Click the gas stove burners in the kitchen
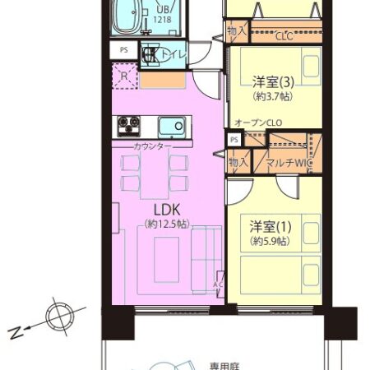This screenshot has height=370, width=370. pyautogui.click(x=128, y=126)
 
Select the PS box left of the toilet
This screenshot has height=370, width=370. pyautogui.click(x=124, y=49)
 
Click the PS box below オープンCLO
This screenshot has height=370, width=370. pyautogui.click(x=234, y=140)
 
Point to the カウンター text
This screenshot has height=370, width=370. pyautogui.click(x=154, y=146)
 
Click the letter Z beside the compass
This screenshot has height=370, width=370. pyautogui.click(x=16, y=332)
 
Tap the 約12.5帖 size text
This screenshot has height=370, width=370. pyautogui.click(x=166, y=224)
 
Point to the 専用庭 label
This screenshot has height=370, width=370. pyautogui.click(x=218, y=363)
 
